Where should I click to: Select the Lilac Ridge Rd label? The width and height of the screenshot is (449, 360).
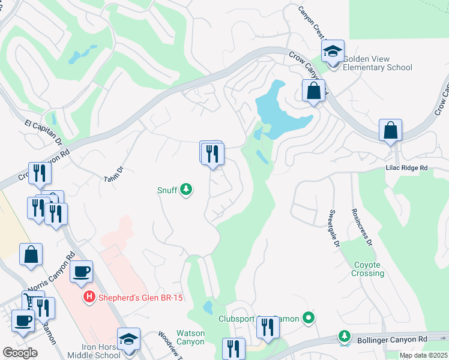tap(406, 169)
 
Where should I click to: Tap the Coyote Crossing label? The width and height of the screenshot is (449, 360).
tap(367, 269)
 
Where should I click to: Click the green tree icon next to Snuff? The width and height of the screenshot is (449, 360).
tap(186, 190)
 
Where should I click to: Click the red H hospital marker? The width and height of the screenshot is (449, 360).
tap(89, 297)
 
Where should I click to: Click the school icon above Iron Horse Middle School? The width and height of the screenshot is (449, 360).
tap(128, 339)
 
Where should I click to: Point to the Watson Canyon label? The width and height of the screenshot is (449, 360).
tap(190, 337)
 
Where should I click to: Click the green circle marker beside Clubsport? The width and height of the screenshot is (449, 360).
tap(309, 317)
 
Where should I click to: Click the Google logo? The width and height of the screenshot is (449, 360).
tap(20, 352)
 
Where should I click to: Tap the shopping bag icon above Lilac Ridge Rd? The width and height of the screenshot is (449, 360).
tap(390, 130)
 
